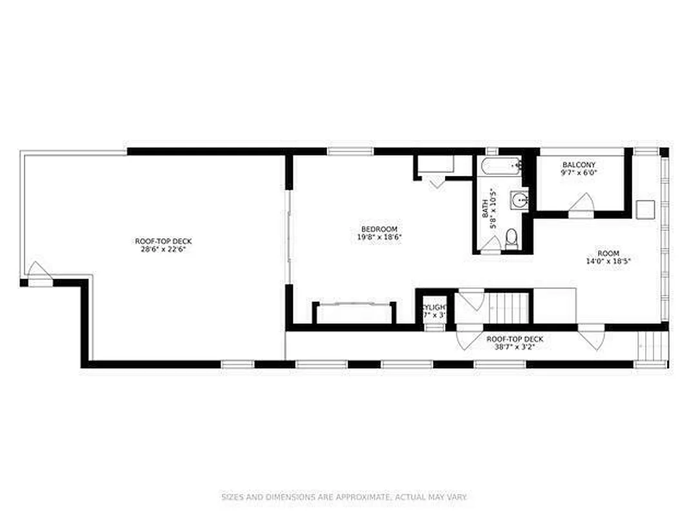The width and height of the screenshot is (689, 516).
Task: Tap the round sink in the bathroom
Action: pos(519,200)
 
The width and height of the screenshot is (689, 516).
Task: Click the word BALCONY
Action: pos(578,165)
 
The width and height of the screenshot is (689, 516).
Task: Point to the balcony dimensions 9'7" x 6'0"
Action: pos(578,173)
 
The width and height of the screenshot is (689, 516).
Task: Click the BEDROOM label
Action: pos(379,229)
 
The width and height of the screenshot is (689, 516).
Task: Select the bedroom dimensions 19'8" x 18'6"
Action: pos(379,237)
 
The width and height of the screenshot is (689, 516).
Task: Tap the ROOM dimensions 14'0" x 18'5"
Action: pos(607,261)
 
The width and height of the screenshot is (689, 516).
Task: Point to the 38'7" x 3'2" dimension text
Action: pos(514,346)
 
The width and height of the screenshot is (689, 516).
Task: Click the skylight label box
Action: pos(434,312)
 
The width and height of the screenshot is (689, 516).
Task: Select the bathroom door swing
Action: pos(492,244)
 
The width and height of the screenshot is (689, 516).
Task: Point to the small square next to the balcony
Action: pos(645,208)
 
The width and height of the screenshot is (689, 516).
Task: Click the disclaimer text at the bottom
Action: pos(344,497)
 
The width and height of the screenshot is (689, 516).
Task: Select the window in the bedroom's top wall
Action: pos(350,151)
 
